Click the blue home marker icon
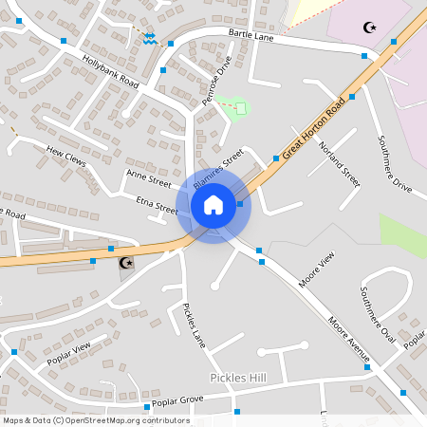coord(213,204)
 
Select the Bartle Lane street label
coord(251,36)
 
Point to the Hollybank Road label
coord(110,72)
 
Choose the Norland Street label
coord(340,162)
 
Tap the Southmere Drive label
coord(395,165)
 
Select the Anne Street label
coord(148,177)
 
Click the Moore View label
coord(317,269)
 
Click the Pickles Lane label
coord(194,325)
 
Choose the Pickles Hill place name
coord(238,378)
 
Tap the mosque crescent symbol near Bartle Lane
coord(370,28)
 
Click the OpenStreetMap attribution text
coord(96,419)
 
